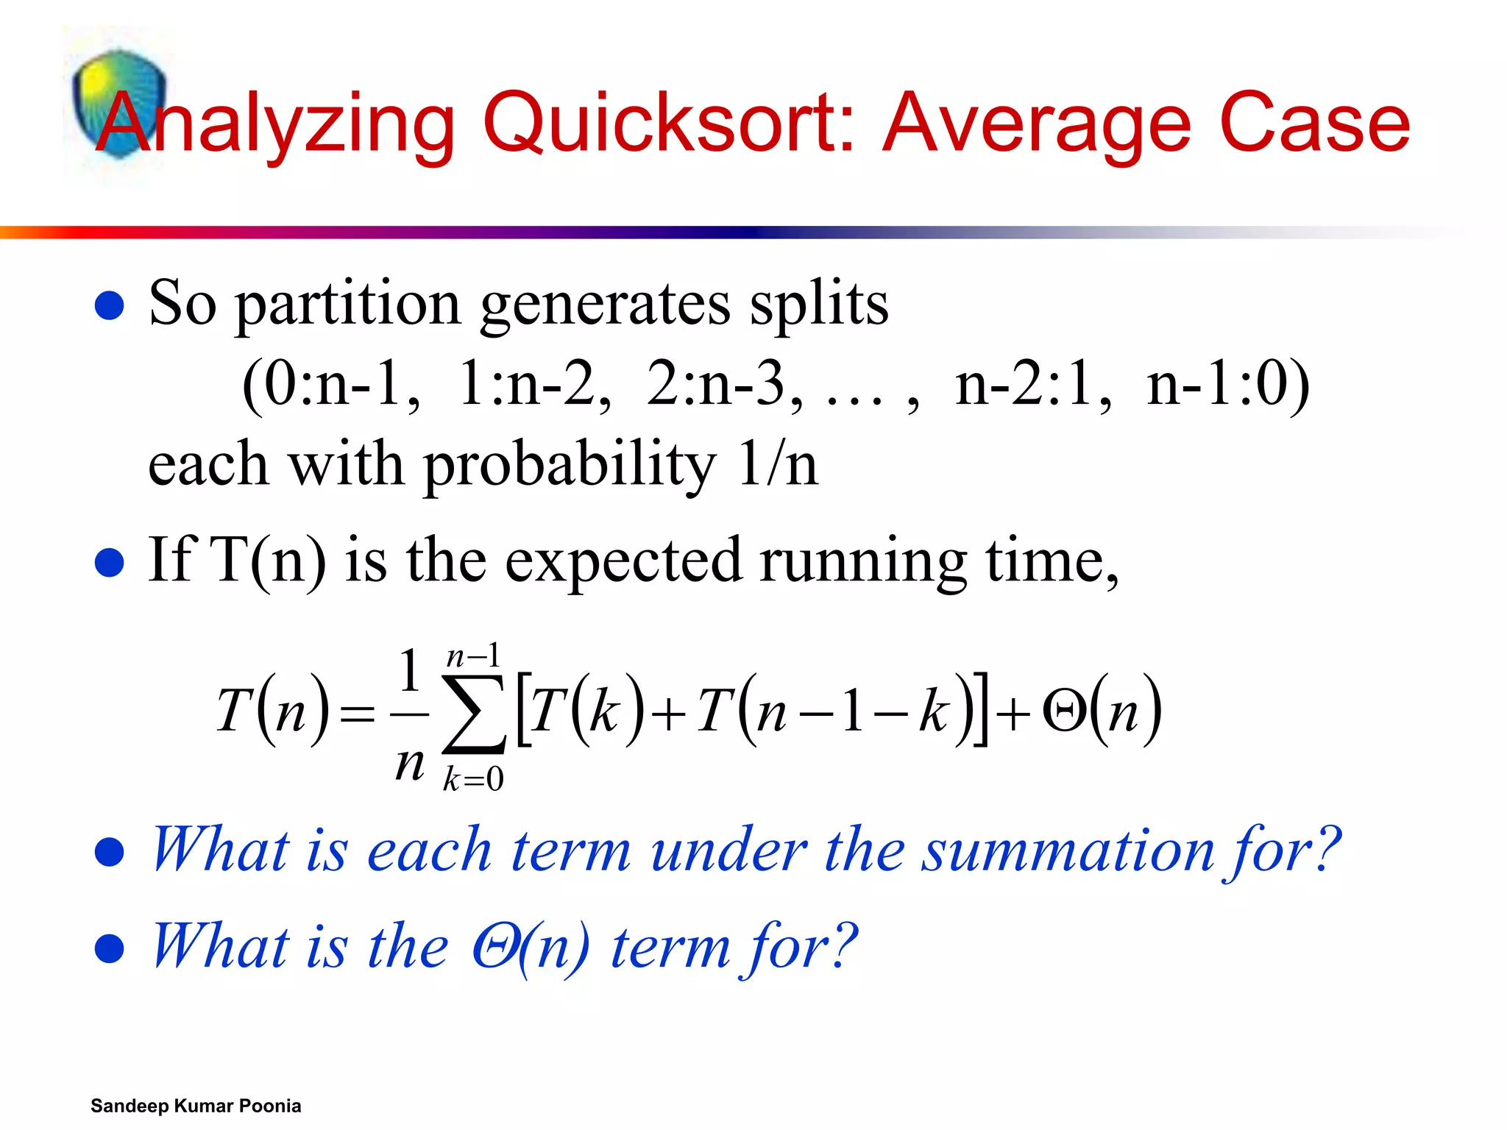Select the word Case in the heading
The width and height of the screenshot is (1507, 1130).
[1314, 124]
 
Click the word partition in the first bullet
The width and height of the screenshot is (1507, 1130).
[348, 304]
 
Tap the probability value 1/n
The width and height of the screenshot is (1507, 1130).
[777, 465]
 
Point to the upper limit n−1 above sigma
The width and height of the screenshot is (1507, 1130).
[473, 655]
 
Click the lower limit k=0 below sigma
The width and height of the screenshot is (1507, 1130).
[473, 778]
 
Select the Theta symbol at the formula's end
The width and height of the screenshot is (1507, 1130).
[1064, 712]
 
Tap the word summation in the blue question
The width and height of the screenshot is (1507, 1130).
[1067, 851]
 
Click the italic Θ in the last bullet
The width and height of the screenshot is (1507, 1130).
[494, 947]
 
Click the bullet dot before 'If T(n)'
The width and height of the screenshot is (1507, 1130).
[110, 564]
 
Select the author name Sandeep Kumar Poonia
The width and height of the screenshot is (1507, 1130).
[196, 1106]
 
